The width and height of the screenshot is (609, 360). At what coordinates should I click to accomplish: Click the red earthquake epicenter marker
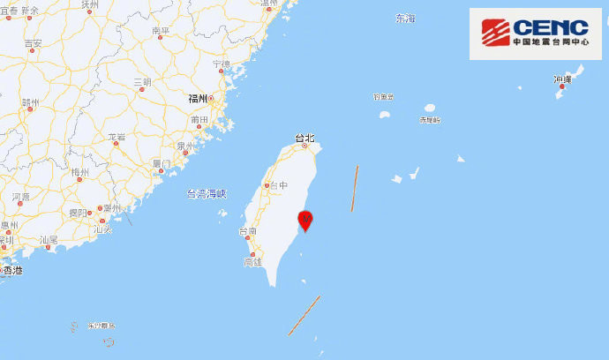pyautogui.click(x=305, y=219)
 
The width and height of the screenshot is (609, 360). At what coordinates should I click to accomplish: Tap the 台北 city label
pyautogui.click(x=304, y=138)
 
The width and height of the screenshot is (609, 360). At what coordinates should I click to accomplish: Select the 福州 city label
pyautogui.click(x=198, y=99)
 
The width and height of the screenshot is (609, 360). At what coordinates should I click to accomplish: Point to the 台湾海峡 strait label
pyautogui.click(x=207, y=192)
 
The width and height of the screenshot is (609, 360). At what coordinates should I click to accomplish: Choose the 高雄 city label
pyautogui.click(x=252, y=262)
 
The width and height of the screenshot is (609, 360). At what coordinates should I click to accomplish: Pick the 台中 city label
pyautogui.click(x=279, y=185)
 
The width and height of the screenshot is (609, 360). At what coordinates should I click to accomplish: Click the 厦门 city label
pyautogui.click(x=162, y=163)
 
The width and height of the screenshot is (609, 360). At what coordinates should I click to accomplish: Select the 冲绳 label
pyautogui.click(x=562, y=80)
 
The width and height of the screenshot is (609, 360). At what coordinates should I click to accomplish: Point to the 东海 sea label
pyautogui.click(x=404, y=18)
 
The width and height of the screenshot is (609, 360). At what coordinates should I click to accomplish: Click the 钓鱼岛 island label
pyautogui.click(x=382, y=97)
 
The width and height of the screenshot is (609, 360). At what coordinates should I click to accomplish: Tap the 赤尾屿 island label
pyautogui.click(x=429, y=119)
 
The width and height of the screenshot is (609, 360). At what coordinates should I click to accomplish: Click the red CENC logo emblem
pyautogui.click(x=494, y=31)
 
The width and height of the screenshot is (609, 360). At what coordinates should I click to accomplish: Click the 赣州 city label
pyautogui.click(x=30, y=102)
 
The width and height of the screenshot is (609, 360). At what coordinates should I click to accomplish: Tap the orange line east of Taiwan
pyautogui.click(x=354, y=188)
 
